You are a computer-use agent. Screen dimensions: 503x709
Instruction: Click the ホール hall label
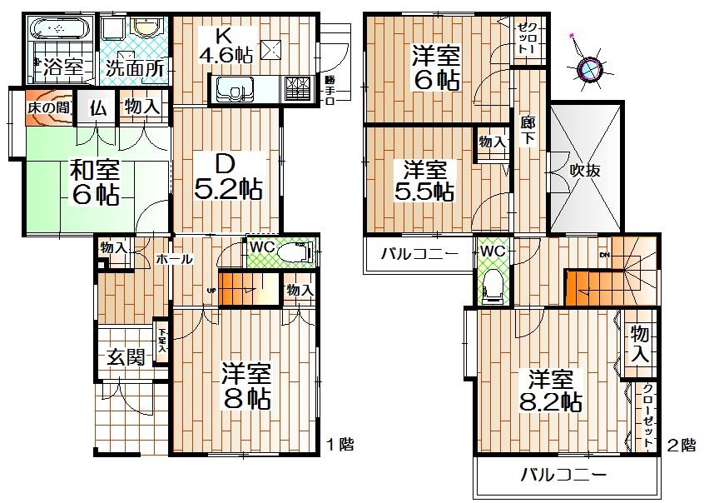point(175,260)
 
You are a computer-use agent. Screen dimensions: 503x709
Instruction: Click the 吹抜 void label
point(586,171)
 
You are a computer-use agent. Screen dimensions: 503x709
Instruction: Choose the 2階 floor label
point(681,445)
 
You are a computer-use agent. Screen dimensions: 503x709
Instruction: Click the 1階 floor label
point(339,445)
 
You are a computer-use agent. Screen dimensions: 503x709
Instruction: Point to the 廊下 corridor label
point(527,128)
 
